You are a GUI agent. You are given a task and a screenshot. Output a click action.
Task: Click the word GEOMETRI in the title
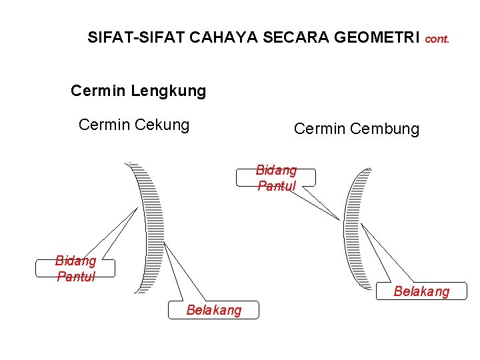coord(377,37)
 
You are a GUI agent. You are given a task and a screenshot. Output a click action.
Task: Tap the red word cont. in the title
coord(437,39)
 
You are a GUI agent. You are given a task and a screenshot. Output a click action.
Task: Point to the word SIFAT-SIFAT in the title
coord(136,37)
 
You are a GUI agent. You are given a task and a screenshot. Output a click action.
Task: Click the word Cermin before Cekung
coord(100,125)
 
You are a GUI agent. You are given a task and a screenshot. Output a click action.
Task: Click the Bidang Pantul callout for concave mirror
coord(75,268)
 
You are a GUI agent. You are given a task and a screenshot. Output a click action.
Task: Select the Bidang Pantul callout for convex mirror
coord(276,178)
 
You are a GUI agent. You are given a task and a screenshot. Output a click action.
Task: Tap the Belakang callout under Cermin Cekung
coord(214,310)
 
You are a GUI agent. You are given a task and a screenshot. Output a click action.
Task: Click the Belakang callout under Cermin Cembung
coord(421,291)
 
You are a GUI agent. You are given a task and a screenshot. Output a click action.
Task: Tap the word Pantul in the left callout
coord(75,276)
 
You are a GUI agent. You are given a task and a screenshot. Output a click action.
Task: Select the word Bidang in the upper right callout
coord(276,171)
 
